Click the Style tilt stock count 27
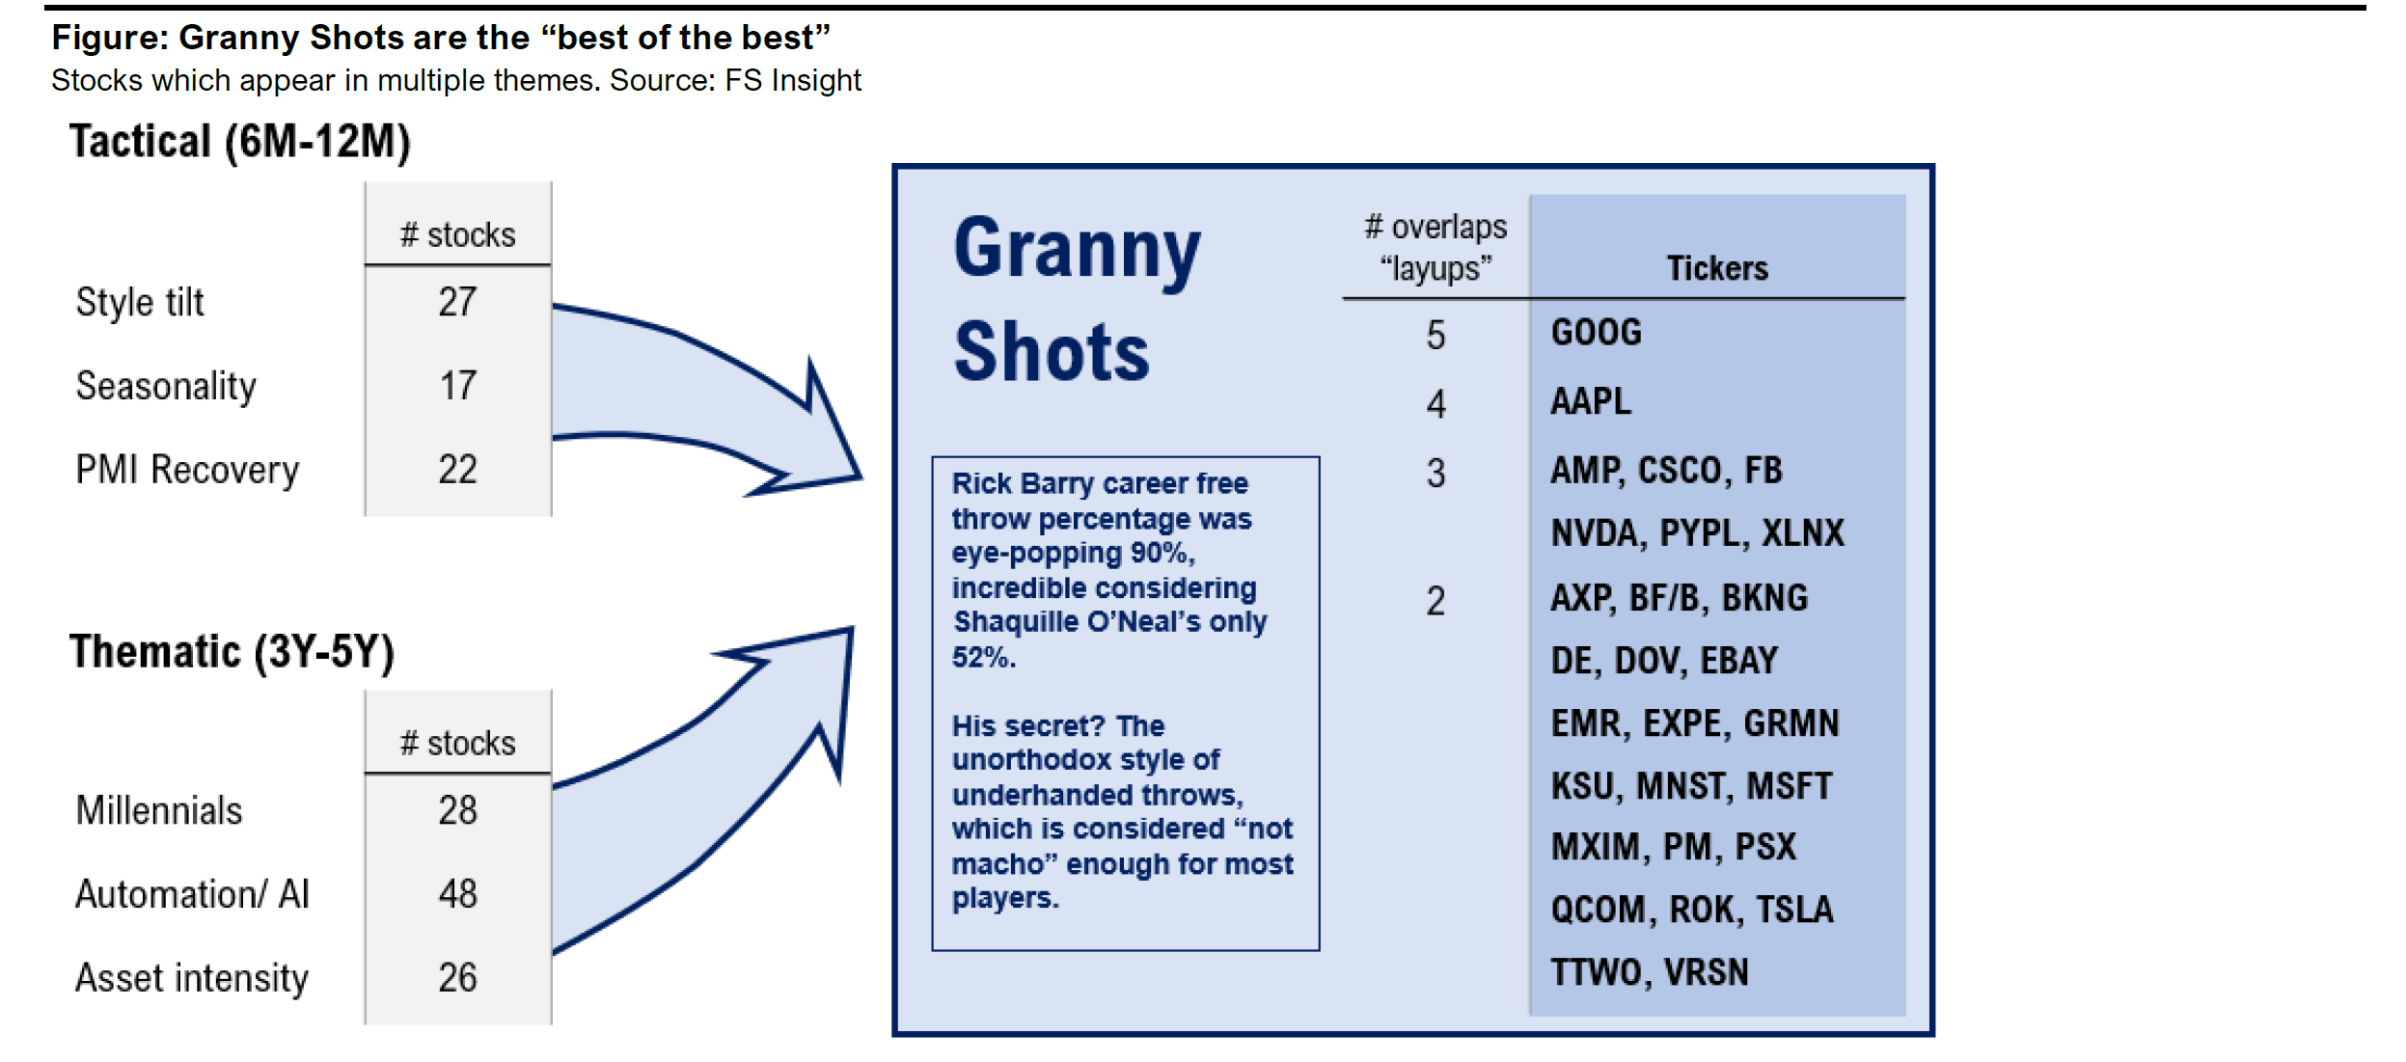[x=457, y=302]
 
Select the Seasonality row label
[x=166, y=386]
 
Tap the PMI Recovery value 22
[x=457, y=470]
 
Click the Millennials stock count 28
[x=457, y=810]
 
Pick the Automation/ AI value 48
[x=457, y=894]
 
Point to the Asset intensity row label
[x=192, y=978]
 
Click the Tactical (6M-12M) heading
[x=240, y=143]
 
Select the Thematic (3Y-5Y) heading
[x=232, y=653]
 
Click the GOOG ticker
[x=1596, y=333]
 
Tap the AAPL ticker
[x=1591, y=401]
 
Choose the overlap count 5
[x=1435, y=336]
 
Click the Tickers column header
[x=1717, y=268]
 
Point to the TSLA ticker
[x=1794, y=910]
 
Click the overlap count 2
[x=1435, y=602]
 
